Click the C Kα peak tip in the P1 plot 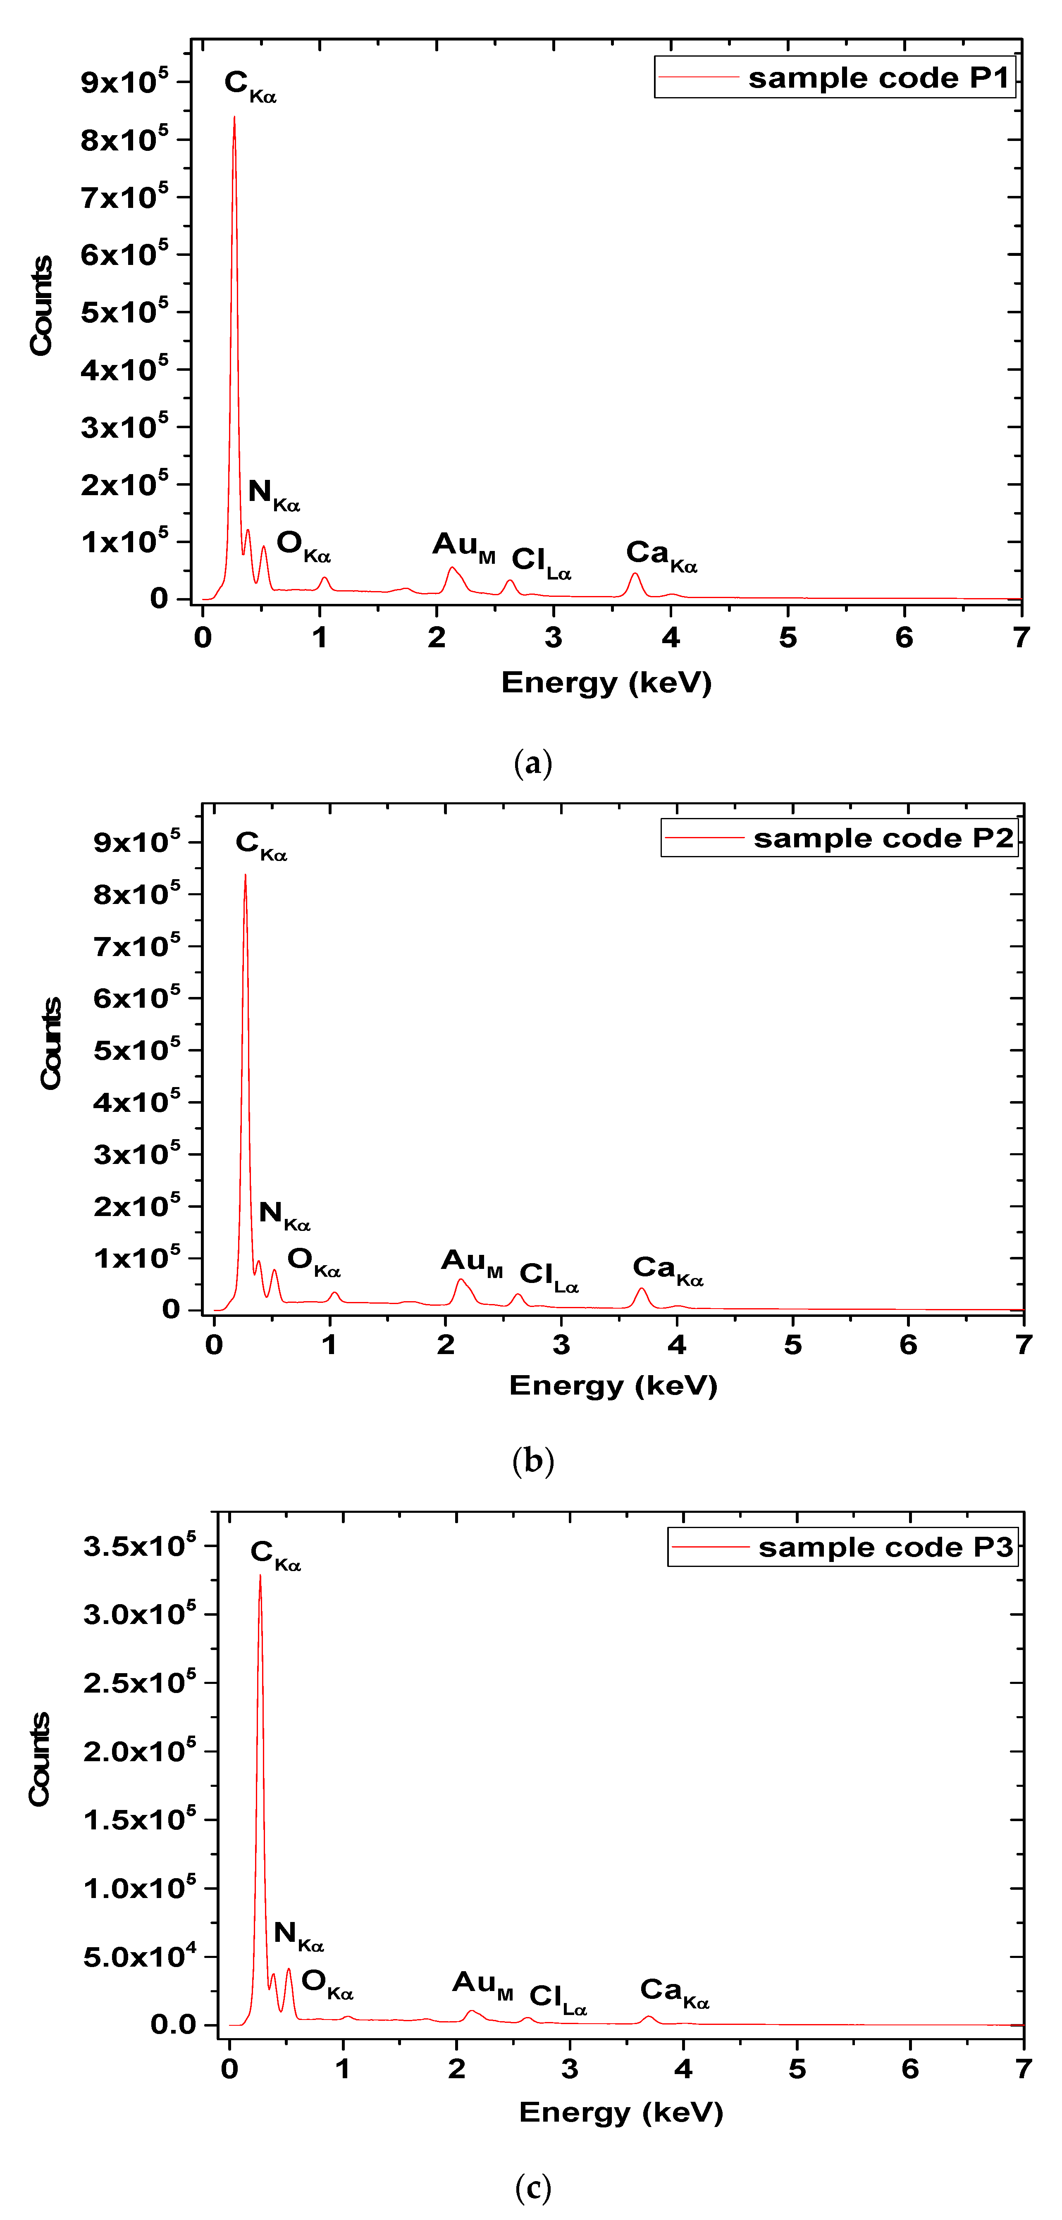coord(234,118)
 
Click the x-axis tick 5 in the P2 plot coord(792,1345)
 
